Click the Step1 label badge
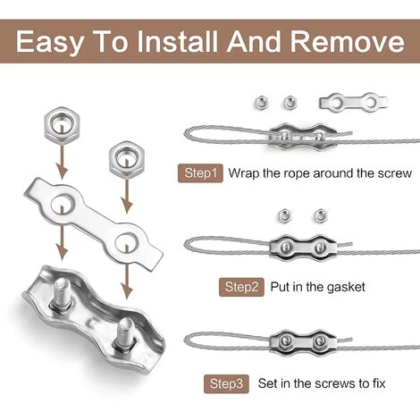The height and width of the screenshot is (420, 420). click(200, 173)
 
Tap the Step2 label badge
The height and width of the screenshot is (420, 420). click(241, 287)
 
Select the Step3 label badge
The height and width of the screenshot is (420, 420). click(226, 383)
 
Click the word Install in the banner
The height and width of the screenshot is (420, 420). click(177, 41)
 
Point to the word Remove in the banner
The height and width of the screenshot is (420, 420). click(348, 41)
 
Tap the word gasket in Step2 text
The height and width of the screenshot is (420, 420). click(346, 287)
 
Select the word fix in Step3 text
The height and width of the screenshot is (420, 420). click(377, 383)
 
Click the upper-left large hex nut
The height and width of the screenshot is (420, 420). click(62, 123)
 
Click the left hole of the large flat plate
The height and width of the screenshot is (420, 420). click(63, 204)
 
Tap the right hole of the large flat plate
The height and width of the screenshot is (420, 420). click(126, 242)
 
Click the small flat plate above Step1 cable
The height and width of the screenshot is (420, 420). click(353, 103)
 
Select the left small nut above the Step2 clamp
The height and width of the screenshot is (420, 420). click(285, 215)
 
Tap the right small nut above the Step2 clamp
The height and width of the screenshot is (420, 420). click(321, 215)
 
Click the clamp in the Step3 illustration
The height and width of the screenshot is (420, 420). click(303, 340)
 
